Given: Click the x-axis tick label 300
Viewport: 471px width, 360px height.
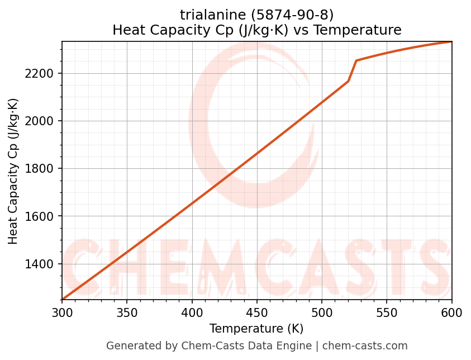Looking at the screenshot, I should click(x=62, y=312).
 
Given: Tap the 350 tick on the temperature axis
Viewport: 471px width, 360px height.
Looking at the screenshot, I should click(x=127, y=312).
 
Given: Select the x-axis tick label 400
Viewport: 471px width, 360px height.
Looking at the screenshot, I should click(x=192, y=312).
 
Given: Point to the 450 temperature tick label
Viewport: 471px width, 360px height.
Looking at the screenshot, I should click(x=256, y=312).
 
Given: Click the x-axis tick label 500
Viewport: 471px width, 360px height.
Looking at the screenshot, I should click(x=322, y=312).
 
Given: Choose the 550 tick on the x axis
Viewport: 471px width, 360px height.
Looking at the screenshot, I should click(x=387, y=312).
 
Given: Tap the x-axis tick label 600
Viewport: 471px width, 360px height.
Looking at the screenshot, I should click(x=451, y=312).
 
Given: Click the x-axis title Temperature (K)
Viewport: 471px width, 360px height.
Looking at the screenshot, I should click(x=256, y=329).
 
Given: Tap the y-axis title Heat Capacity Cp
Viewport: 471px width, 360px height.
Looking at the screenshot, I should click(x=13, y=171).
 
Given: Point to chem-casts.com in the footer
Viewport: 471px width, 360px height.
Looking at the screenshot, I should click(x=365, y=346).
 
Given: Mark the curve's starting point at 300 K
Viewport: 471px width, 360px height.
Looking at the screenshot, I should click(x=63, y=299).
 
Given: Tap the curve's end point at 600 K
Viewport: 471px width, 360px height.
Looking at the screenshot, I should click(x=451, y=42).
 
